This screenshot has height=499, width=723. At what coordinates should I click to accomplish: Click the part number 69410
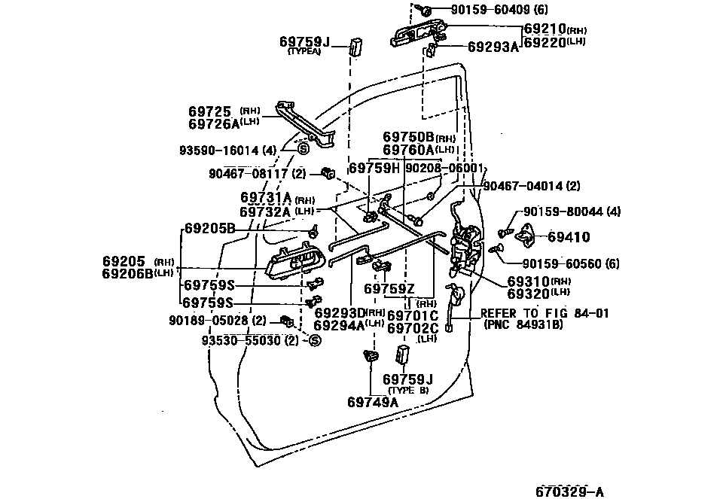click(569, 237)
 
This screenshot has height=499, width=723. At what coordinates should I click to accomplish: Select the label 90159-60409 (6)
click(500, 9)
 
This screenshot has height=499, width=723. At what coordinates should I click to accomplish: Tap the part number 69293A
click(493, 47)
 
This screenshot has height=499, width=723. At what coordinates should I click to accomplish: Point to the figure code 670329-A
click(570, 491)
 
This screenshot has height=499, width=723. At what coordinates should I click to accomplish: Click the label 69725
click(209, 111)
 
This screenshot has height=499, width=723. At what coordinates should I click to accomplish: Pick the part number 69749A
click(373, 402)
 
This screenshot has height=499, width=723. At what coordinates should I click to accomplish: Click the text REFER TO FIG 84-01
click(545, 313)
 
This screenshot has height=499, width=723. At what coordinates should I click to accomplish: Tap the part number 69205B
click(210, 229)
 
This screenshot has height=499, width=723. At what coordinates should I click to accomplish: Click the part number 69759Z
click(389, 289)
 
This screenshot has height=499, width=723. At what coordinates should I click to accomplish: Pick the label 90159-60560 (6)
click(570, 263)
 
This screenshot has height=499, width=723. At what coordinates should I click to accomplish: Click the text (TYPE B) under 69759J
click(407, 390)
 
